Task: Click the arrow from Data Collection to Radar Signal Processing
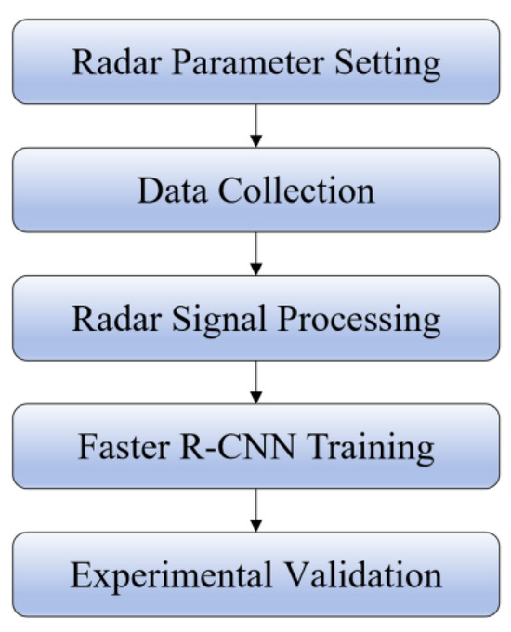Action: [255, 253]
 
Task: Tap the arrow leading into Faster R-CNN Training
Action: [255, 381]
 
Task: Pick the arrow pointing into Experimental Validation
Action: [255, 509]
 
